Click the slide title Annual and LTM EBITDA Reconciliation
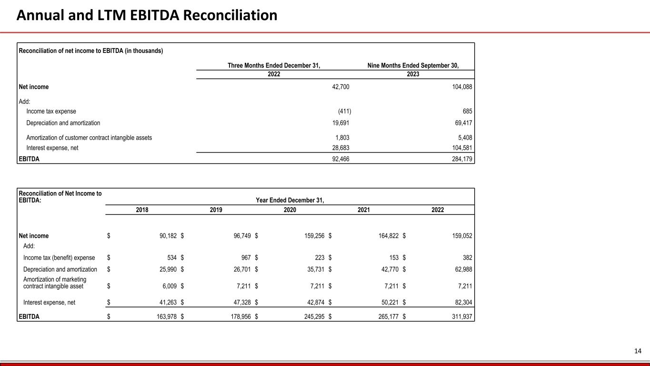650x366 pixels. pyautogui.click(x=147, y=16)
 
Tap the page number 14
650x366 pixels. pyautogui.click(x=638, y=351)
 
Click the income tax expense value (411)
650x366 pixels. pyautogui.click(x=344, y=112)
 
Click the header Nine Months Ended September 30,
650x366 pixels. pyautogui.click(x=413, y=66)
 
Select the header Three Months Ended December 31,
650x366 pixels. pyautogui.click(x=274, y=66)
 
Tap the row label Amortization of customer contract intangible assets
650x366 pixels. pyautogui.click(x=89, y=138)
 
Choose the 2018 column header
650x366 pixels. pyautogui.click(x=142, y=210)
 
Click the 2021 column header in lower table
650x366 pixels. pyautogui.click(x=364, y=210)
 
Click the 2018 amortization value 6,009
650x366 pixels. pyautogui.click(x=168, y=286)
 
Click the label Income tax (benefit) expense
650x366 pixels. pyautogui.click(x=59, y=258)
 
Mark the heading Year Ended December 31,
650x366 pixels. pyautogui.click(x=290, y=200)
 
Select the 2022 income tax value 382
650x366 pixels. pyautogui.click(x=466, y=258)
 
